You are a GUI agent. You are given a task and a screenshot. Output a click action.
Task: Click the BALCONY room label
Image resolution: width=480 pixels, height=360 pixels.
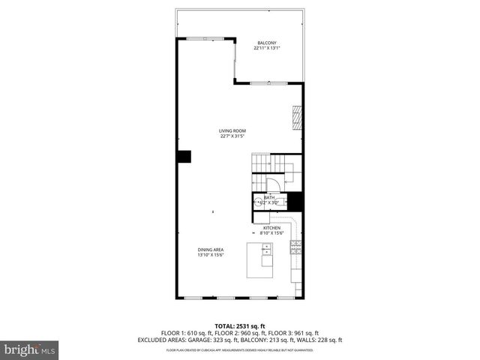point(266,42)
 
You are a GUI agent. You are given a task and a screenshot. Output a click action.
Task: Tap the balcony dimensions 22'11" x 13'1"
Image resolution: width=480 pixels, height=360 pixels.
point(266,48)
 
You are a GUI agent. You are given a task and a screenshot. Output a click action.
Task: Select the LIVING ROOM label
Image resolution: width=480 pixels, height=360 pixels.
point(232,130)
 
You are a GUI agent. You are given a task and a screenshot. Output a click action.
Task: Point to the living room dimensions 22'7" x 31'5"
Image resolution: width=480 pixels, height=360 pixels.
point(232,136)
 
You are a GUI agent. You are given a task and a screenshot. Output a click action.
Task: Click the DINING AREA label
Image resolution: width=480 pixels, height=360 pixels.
point(211,249)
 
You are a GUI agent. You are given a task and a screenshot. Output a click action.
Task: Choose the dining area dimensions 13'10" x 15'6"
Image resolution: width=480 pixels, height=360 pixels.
point(211,255)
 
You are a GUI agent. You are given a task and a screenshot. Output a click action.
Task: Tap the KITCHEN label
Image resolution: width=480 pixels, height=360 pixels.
point(271,227)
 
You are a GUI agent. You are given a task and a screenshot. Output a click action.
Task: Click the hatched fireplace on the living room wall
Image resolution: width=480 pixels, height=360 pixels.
point(297,118)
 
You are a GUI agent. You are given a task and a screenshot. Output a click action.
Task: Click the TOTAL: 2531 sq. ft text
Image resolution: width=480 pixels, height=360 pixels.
point(240,326)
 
